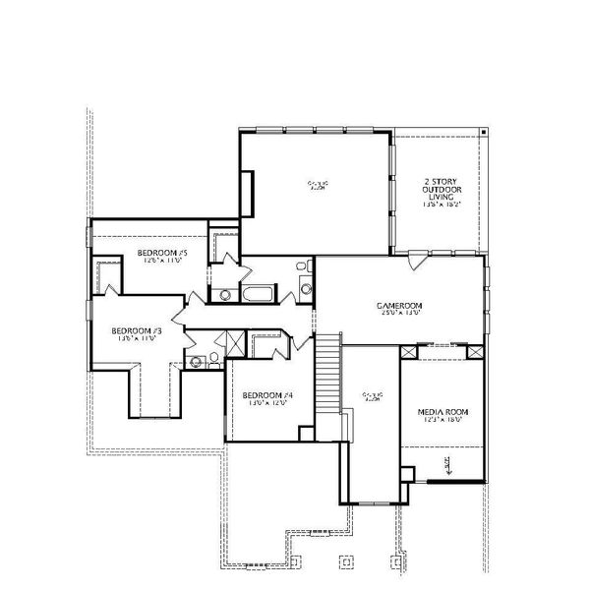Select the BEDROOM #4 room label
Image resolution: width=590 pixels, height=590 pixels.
pyautogui.click(x=268, y=394)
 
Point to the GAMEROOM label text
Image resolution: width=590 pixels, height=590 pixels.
pyautogui.click(x=399, y=306)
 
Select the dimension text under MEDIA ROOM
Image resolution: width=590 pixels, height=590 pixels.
pyautogui.click(x=440, y=421)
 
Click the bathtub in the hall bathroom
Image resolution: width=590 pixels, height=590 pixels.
pyautogui.click(x=261, y=294)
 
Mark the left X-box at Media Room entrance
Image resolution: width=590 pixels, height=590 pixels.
pyautogui.click(x=408, y=350)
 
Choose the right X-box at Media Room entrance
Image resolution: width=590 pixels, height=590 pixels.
pyautogui.click(x=476, y=350)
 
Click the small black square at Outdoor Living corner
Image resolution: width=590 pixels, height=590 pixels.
pyautogui.click(x=484, y=131)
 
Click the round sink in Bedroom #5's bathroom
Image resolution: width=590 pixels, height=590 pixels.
pyautogui.click(x=225, y=294)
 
